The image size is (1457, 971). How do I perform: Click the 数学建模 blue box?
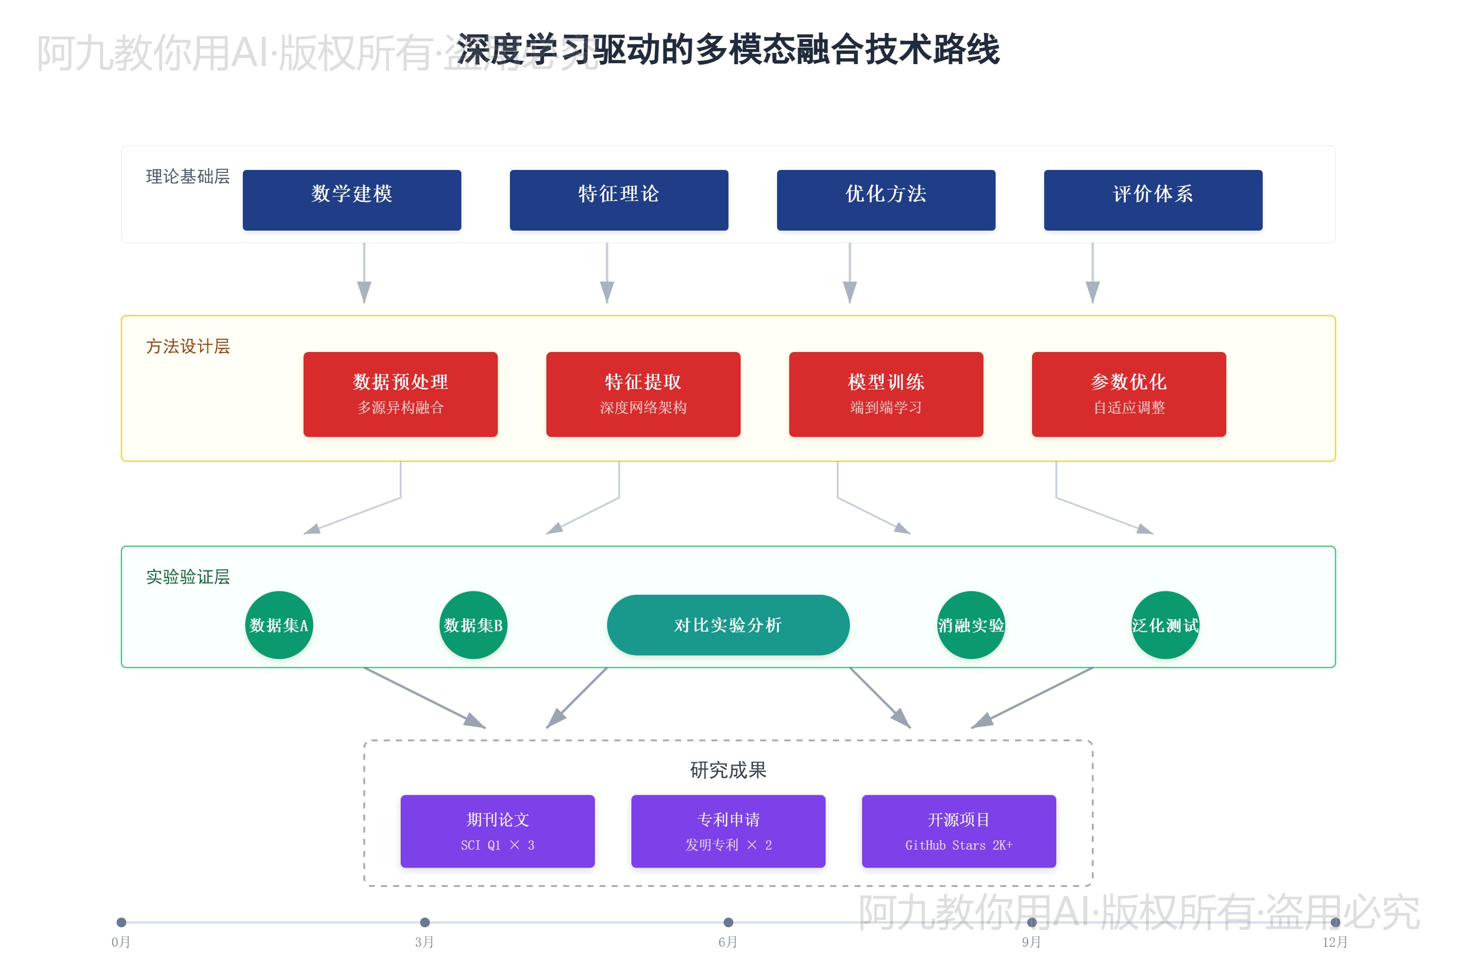pyautogui.click(x=352, y=200)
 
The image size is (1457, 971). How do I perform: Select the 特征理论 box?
pyautogui.click(x=619, y=200)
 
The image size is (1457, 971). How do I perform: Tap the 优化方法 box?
pyautogui.click(x=886, y=200)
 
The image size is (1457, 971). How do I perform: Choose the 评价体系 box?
pyautogui.click(x=1153, y=200)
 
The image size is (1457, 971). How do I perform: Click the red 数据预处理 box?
pyautogui.click(x=400, y=394)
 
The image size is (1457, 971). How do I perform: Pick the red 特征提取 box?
pyautogui.click(x=643, y=394)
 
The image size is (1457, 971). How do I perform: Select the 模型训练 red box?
pyautogui.click(x=886, y=394)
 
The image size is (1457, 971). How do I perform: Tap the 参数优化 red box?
pyautogui.click(x=1129, y=394)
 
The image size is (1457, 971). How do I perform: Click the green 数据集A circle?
pyautogui.click(x=279, y=625)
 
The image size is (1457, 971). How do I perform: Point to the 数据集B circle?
pyautogui.click(x=473, y=625)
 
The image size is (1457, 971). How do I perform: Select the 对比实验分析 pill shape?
pyautogui.click(x=728, y=625)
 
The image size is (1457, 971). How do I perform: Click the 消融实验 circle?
pyautogui.click(x=971, y=625)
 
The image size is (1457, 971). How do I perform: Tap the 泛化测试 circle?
pyautogui.click(x=1165, y=625)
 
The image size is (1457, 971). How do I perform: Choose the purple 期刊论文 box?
pyautogui.click(x=497, y=831)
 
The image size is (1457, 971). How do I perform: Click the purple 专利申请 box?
pyautogui.click(x=728, y=831)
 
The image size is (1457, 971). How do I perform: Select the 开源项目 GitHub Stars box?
pyautogui.click(x=958, y=831)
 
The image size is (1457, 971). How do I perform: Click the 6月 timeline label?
pyautogui.click(x=728, y=942)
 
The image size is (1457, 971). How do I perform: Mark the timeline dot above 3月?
pyautogui.click(x=425, y=922)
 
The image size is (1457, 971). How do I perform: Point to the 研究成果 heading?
pyautogui.click(x=728, y=770)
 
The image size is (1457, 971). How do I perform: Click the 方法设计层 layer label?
pyautogui.click(x=187, y=346)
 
